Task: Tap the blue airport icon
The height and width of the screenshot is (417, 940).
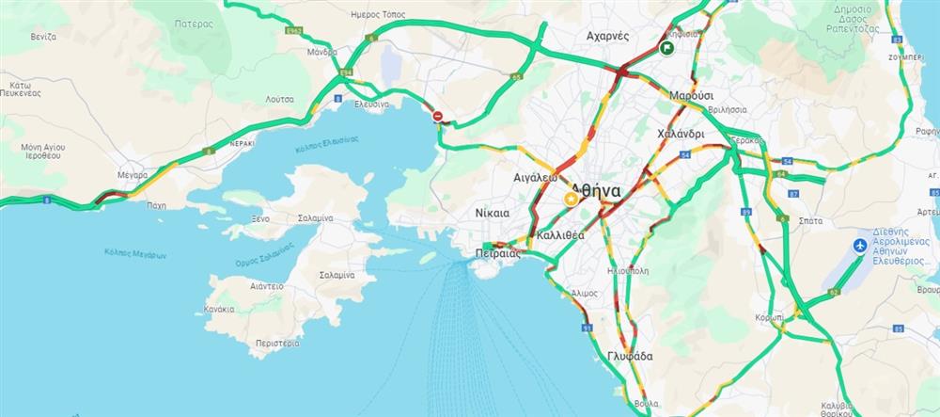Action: [x=858, y=246]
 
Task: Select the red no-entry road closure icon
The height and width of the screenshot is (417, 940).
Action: [x=438, y=116]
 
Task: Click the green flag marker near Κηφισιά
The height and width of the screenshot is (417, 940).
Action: [x=666, y=49]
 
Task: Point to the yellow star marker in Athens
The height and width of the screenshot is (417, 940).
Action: [x=570, y=200]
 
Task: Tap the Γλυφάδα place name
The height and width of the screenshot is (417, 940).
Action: [x=630, y=357]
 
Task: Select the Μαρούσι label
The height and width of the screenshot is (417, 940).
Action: [x=692, y=96]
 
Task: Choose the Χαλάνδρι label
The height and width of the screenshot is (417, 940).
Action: [x=681, y=133]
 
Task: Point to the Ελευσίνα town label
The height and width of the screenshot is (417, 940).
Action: [x=372, y=104]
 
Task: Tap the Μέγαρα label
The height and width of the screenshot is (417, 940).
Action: [x=133, y=175]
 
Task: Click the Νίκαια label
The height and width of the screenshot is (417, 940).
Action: [x=493, y=212]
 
